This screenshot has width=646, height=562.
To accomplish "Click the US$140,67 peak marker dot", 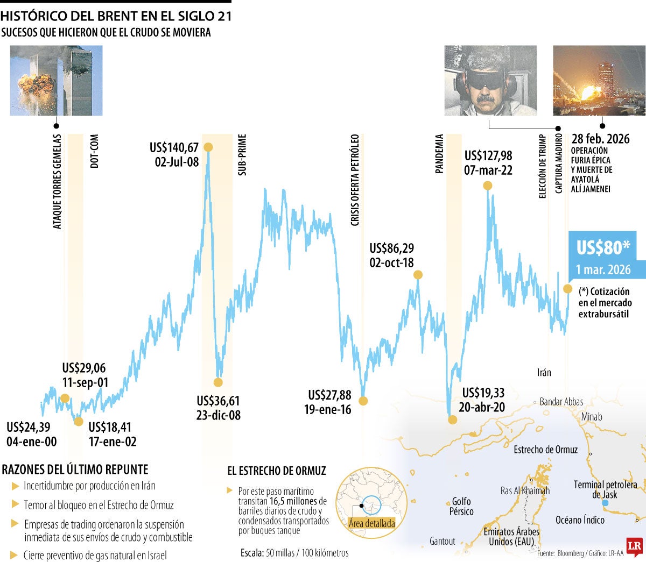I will tap(208, 147).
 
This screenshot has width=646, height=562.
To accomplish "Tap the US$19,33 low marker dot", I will tap(452, 419).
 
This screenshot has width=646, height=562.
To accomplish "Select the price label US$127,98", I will tap(488, 156).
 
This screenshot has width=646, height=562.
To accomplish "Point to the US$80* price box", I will tap(603, 247).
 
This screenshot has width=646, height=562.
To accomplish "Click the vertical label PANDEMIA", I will tap(440, 154).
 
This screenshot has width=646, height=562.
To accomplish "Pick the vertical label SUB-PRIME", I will tap(242, 155).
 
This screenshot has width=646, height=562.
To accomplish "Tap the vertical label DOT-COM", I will tap(95, 152).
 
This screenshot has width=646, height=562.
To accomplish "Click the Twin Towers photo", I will tap(56, 81).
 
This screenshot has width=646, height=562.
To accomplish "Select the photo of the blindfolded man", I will tap(490, 81).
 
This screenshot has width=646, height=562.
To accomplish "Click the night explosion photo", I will tap(599, 81).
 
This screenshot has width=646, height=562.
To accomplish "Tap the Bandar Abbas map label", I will tap(561, 402).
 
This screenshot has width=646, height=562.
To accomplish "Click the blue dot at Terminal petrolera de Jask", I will tap(605, 503).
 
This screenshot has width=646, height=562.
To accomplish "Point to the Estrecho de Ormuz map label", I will tap(545, 450).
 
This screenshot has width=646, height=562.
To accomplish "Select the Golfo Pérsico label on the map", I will tap(461, 506).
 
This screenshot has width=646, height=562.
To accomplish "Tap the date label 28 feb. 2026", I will tap(600, 139).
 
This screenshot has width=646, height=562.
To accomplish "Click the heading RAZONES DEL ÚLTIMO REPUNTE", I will tap(75, 469).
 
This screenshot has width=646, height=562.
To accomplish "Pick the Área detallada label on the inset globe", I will tap(371, 523).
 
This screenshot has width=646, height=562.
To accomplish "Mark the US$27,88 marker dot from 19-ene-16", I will tap(363, 401).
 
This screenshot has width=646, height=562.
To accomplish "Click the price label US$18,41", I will tap(110, 428).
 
